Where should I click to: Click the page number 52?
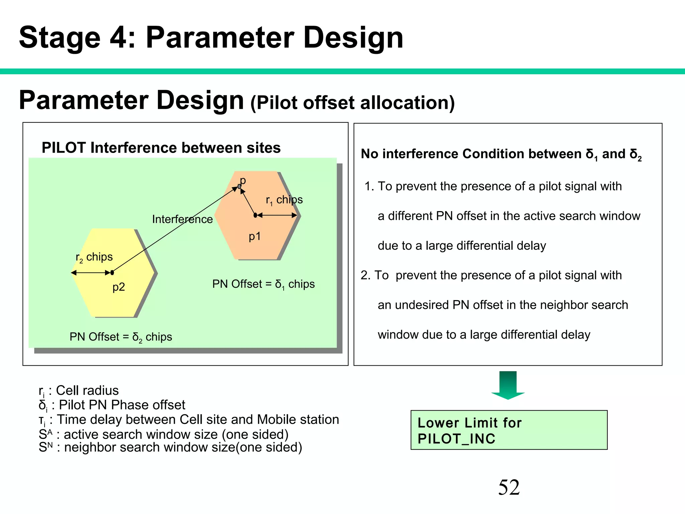click(x=509, y=487)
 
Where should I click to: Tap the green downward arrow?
click(x=508, y=385)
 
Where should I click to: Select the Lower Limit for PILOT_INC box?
click(x=509, y=430)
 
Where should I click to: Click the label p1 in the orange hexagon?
click(x=255, y=236)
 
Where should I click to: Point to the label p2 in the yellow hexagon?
click(x=118, y=287)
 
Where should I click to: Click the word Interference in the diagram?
click(x=182, y=219)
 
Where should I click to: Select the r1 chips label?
click(x=284, y=200)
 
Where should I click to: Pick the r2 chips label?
click(x=94, y=257)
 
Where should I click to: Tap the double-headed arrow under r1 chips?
click(x=277, y=216)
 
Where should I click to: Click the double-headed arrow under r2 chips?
click(x=91, y=273)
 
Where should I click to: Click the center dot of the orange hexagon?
click(x=255, y=216)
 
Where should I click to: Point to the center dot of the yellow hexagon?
click(x=112, y=273)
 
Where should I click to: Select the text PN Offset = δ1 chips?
click(x=263, y=284)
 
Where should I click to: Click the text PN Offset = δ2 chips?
click(x=121, y=337)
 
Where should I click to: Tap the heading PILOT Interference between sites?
click(x=161, y=148)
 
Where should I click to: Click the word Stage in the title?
click(x=60, y=37)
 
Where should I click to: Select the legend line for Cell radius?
click(x=79, y=391)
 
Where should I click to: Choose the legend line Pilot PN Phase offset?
click(x=112, y=405)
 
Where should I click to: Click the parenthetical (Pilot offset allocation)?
click(x=353, y=102)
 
